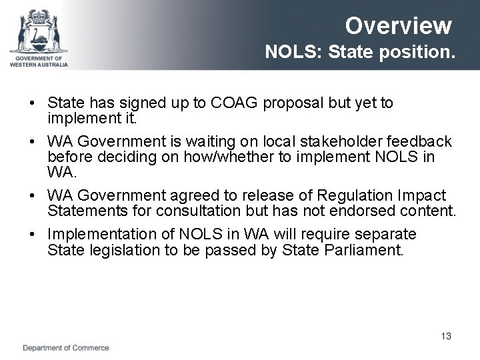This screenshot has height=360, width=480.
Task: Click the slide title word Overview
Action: (398, 26)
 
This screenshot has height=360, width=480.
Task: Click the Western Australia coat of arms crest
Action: (39, 31)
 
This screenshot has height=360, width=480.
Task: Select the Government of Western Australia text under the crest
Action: (39, 61)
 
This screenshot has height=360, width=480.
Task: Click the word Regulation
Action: (355, 196)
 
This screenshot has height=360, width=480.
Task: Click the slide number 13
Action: (446, 336)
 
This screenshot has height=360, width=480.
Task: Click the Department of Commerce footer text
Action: (66, 348)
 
